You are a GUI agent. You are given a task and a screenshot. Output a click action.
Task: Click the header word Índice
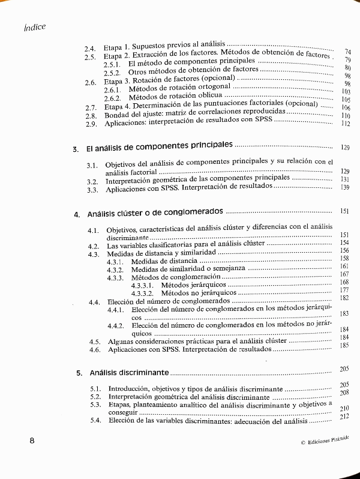tap(35, 27)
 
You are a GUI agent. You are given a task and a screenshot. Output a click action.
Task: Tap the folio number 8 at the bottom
tap(33, 440)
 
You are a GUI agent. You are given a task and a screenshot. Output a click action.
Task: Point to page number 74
tap(347, 52)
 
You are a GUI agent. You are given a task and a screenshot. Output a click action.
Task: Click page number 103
tap(344, 91)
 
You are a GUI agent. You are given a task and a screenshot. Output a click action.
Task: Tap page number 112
tap(344, 124)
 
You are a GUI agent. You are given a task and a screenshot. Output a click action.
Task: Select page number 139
tap(344, 187)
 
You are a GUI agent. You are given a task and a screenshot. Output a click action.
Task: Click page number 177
tap(344, 290)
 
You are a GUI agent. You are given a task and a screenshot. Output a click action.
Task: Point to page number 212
tap(344, 417)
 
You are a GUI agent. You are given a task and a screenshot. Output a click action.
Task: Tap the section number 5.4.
tap(95, 421)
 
